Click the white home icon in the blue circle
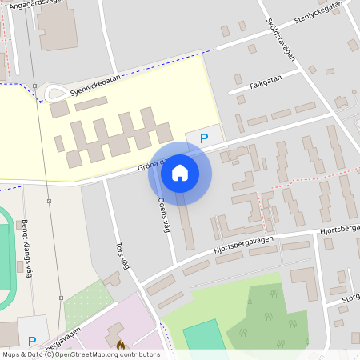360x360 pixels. (x=180, y=172)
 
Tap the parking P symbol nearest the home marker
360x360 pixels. (x=204, y=138)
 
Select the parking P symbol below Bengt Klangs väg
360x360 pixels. (x=32, y=342)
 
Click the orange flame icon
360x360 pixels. (x=121, y=345)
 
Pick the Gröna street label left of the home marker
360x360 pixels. (x=148, y=166)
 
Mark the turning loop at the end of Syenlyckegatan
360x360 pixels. (x=56, y=94)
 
